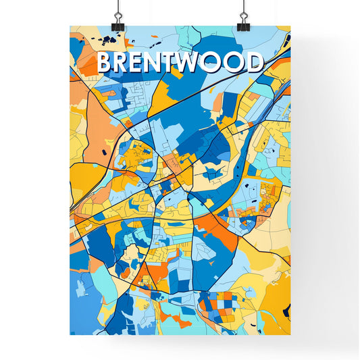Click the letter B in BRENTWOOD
click(x=106, y=63)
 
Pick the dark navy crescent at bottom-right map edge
click(x=286, y=310)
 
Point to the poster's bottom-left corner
click(x=70, y=335)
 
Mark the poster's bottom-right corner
click(x=290, y=335)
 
